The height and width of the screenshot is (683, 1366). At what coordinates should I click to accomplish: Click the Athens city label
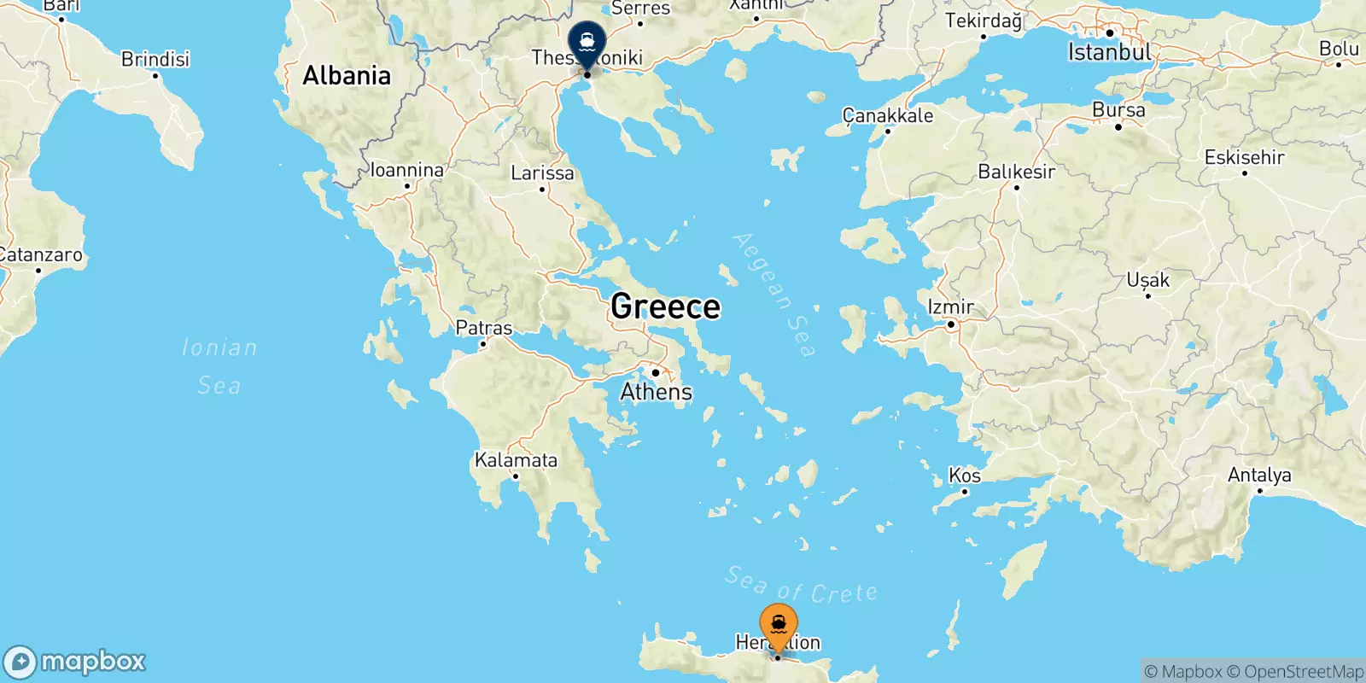tap(656, 392)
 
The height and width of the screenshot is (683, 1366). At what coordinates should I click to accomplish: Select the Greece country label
tap(665, 306)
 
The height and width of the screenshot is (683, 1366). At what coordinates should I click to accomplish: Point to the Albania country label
tap(347, 76)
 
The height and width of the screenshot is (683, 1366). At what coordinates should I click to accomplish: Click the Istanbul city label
tap(1109, 52)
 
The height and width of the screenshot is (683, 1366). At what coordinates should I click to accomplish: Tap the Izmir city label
tap(950, 306)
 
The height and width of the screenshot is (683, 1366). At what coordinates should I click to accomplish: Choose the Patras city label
tap(484, 328)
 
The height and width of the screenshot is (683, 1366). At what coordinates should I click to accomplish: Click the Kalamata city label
tap(516, 460)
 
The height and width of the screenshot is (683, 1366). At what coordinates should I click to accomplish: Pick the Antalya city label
tap(1259, 475)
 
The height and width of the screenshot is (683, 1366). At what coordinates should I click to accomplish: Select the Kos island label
tap(965, 476)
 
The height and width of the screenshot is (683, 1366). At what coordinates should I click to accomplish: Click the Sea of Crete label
tap(801, 586)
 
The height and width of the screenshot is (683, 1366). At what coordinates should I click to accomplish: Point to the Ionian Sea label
tap(219, 366)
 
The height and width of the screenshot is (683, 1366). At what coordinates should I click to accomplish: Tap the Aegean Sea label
tap(774, 295)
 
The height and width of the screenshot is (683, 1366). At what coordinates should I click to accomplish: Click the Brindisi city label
tap(155, 59)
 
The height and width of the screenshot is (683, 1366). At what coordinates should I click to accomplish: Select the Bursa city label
tap(1118, 110)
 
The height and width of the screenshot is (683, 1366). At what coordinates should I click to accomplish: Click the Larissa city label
tap(542, 173)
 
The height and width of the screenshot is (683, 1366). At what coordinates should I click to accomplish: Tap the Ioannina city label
tap(407, 170)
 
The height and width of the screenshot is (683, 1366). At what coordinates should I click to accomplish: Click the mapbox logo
tap(75, 662)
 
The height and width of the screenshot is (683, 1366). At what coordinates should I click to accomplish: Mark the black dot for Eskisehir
tap(1245, 173)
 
